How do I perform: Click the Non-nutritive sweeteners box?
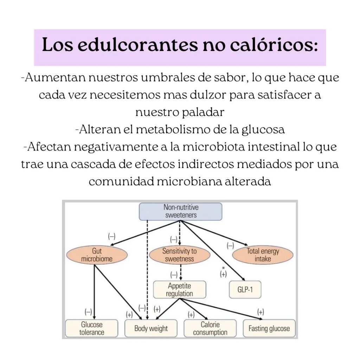click(180, 211)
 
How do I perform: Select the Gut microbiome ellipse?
click(97, 255)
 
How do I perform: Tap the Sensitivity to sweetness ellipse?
click(180, 255)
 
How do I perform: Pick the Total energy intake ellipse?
click(263, 255)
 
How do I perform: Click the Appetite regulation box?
click(180, 290)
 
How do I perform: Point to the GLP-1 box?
click(245, 290)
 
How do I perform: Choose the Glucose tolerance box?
click(92, 328)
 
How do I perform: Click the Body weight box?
click(151, 328)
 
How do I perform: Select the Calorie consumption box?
click(210, 328)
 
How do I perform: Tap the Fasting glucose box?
click(269, 328)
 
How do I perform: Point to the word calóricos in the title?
click(274, 45)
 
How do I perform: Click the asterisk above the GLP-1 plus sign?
click(223, 268)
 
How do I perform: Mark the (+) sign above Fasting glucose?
click(261, 312)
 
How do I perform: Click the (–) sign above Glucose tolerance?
click(88, 312)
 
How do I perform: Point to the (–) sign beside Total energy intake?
click(230, 246)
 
